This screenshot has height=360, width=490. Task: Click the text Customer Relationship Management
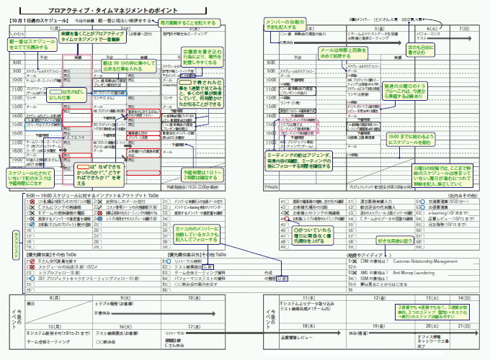(427, 261)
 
